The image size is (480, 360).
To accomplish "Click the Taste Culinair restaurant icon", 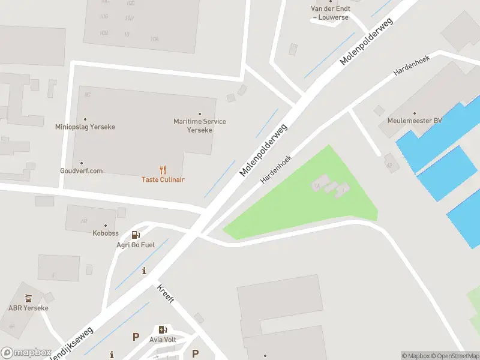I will (x=163, y=170).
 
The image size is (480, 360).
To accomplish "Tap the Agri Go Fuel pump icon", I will (x=136, y=235).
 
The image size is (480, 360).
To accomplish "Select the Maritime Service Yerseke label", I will (x=200, y=125).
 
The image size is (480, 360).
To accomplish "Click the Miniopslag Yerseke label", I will (x=85, y=127).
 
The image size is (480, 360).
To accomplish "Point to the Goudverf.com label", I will (x=81, y=171).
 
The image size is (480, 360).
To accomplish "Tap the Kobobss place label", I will (x=105, y=233).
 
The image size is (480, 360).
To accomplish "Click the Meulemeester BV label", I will (x=414, y=121).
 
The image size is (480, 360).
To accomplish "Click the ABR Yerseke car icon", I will (x=28, y=298).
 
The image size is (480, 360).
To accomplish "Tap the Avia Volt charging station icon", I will (x=163, y=329).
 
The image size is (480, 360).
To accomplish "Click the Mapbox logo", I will (x=26, y=353).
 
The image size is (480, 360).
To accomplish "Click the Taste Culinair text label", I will (x=163, y=179).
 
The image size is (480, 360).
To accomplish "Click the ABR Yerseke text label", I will (x=28, y=308).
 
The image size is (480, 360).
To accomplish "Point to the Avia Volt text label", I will (x=163, y=339).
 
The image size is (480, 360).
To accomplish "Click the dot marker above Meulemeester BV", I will (x=414, y=112).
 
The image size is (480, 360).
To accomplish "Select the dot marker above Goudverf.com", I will (x=81, y=163).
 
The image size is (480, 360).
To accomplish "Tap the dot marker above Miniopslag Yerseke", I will (x=85, y=119).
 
